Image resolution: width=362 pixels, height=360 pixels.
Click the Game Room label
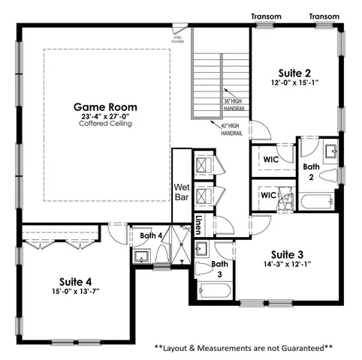(105, 107)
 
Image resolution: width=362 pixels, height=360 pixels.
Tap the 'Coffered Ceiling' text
(105, 124)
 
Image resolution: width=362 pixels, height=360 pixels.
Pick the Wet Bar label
(181, 192)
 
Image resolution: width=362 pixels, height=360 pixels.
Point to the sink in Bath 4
(140, 256)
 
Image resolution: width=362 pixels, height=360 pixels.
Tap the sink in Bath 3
(201, 248)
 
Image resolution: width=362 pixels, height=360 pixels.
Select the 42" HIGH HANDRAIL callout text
(232, 129)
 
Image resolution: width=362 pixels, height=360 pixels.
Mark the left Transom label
(266, 16)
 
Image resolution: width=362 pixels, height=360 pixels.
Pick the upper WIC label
(270, 158)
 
